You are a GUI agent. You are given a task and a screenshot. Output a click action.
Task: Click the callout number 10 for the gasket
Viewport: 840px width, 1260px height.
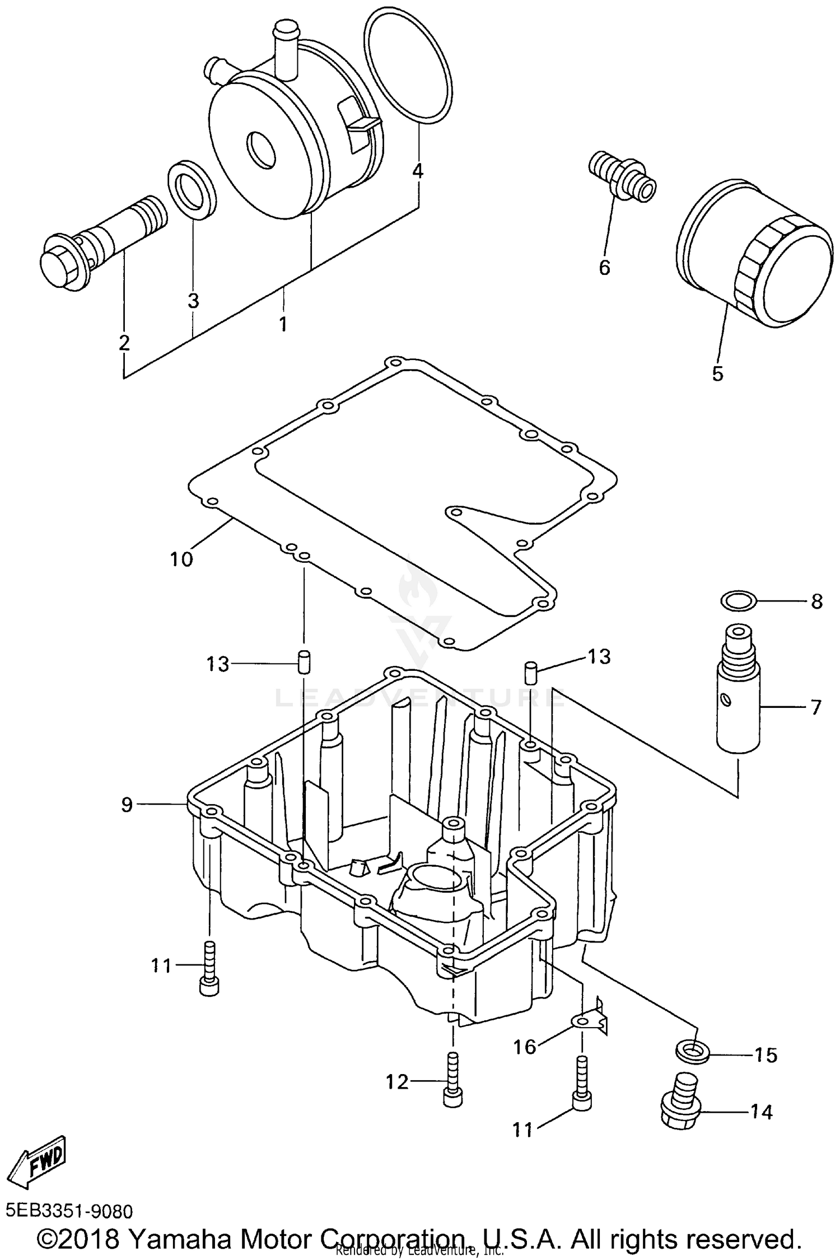181,559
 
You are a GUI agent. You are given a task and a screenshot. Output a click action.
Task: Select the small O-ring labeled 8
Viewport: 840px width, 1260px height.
738,601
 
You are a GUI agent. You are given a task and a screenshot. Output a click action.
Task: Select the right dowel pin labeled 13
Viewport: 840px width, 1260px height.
531,672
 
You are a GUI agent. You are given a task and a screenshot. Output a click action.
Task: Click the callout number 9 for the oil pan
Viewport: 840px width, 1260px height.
127,805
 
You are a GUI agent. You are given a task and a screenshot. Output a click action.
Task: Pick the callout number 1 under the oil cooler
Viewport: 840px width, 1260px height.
283,324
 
